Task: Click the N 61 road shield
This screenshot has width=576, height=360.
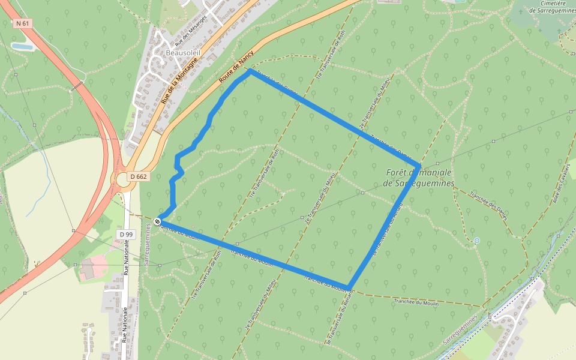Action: click(22, 23)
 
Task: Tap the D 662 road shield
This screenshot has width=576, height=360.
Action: click(137, 176)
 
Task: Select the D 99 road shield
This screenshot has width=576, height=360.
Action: click(125, 234)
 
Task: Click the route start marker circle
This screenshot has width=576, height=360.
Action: click(157, 221)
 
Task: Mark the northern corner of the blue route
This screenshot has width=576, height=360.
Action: click(250, 71)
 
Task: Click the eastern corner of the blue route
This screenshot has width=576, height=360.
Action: click(418, 165)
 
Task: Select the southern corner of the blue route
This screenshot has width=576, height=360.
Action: click(348, 287)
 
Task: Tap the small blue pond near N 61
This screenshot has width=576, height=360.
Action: click(23, 46)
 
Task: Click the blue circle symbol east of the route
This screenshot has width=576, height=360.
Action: click(476, 241)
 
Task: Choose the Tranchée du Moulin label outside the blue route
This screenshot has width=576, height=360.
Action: click(416, 302)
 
